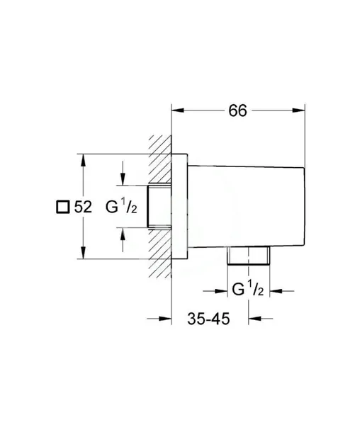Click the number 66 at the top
(237, 111)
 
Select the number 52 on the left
(83, 207)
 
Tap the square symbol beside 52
(62, 207)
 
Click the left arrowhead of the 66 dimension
(176, 110)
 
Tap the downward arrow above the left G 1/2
(123, 182)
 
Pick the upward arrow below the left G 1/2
(123, 232)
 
